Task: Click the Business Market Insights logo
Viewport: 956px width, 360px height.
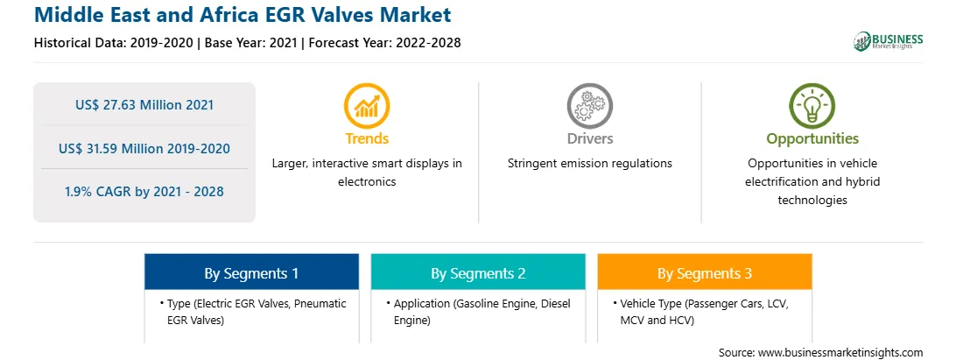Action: coord(889,41)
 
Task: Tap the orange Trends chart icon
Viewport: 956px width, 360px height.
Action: coord(367,106)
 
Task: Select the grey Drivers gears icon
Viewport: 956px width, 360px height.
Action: coord(589,106)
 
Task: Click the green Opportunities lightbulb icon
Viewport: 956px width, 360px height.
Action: coord(812,106)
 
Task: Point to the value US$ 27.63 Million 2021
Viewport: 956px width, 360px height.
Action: coord(144,105)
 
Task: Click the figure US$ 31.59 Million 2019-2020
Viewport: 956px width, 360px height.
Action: coord(144,148)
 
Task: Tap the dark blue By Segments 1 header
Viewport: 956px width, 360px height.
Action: coord(251,272)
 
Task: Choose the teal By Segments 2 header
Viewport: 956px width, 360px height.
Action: coord(478,272)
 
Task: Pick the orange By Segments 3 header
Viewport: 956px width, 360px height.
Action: coord(705,272)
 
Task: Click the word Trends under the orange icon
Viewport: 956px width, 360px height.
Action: coord(367,138)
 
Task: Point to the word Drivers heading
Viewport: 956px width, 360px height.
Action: coord(589,138)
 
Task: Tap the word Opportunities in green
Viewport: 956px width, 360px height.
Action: coord(812,139)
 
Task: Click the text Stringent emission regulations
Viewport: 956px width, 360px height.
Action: coord(589,164)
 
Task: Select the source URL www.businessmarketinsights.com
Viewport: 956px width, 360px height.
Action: coord(840,353)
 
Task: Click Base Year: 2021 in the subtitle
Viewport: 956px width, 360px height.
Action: coord(250,43)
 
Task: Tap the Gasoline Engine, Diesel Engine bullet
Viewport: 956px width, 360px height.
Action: coord(479,312)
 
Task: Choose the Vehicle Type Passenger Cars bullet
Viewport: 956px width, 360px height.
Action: coord(704,312)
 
